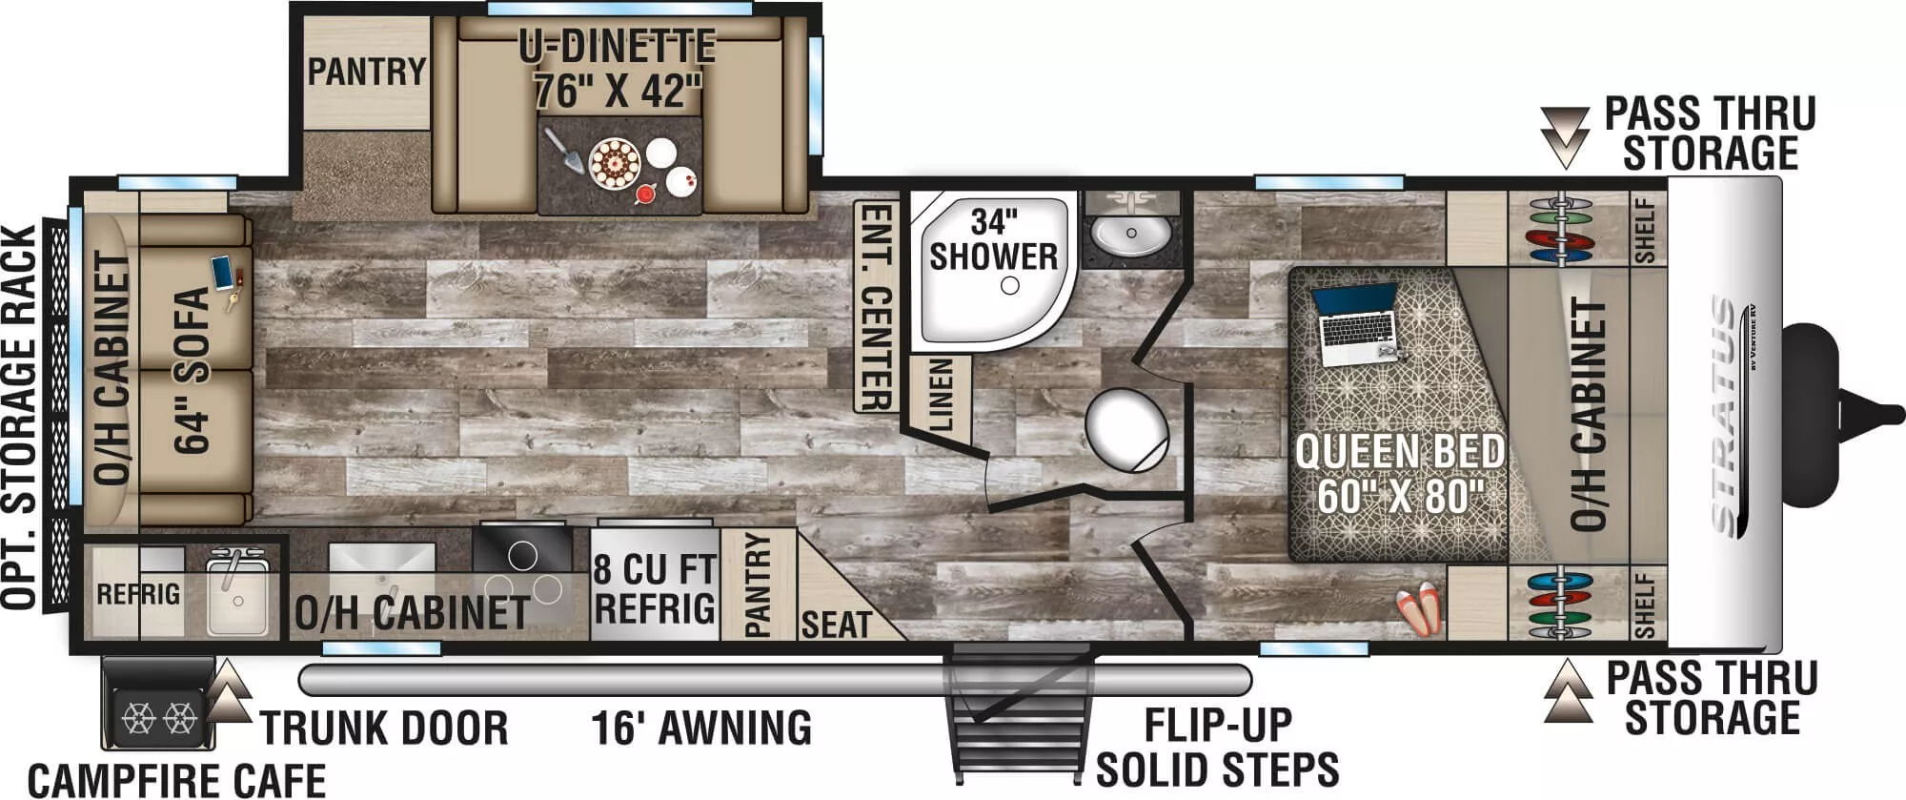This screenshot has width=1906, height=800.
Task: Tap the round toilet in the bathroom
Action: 1127,430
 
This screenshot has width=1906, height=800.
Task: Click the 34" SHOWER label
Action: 993,239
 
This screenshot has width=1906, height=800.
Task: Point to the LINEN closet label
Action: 940,394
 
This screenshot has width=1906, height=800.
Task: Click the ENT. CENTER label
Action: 876,306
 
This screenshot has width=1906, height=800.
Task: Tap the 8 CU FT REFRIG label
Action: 654,588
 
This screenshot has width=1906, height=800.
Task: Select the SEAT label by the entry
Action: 836,625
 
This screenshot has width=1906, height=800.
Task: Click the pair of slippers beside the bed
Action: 1417,608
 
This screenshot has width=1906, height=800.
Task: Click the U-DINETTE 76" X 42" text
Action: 618,69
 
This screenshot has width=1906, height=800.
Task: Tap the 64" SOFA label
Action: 193,370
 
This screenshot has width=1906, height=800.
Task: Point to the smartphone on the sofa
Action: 222,272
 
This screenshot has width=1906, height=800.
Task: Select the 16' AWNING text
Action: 701,728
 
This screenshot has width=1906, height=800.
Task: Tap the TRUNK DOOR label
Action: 384,728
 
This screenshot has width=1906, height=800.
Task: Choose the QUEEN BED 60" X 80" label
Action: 1399,473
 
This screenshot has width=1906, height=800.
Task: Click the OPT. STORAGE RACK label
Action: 21,417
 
